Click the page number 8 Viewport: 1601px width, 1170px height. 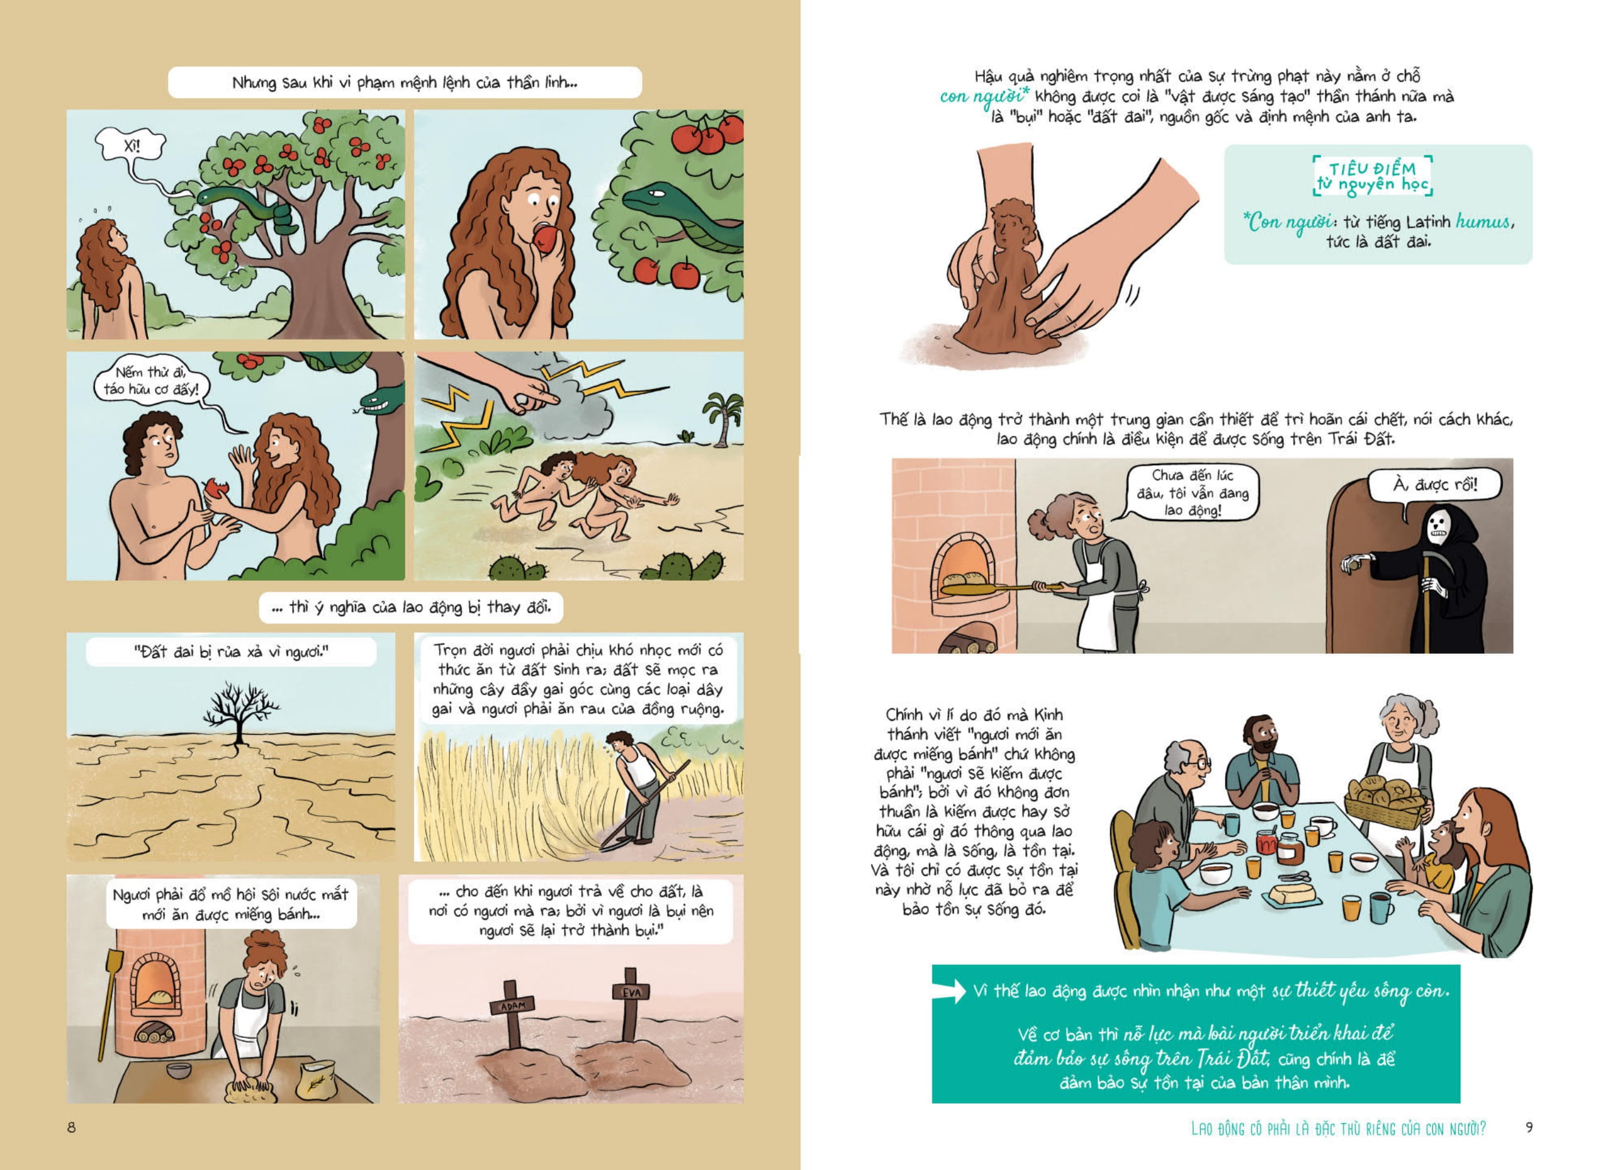(x=71, y=1127)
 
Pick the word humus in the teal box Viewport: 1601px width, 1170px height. (x=1483, y=222)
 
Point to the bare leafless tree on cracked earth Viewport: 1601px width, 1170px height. (x=240, y=712)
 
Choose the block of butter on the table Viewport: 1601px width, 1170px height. (x=1294, y=894)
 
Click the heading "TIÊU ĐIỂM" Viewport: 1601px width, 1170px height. (x=1372, y=169)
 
